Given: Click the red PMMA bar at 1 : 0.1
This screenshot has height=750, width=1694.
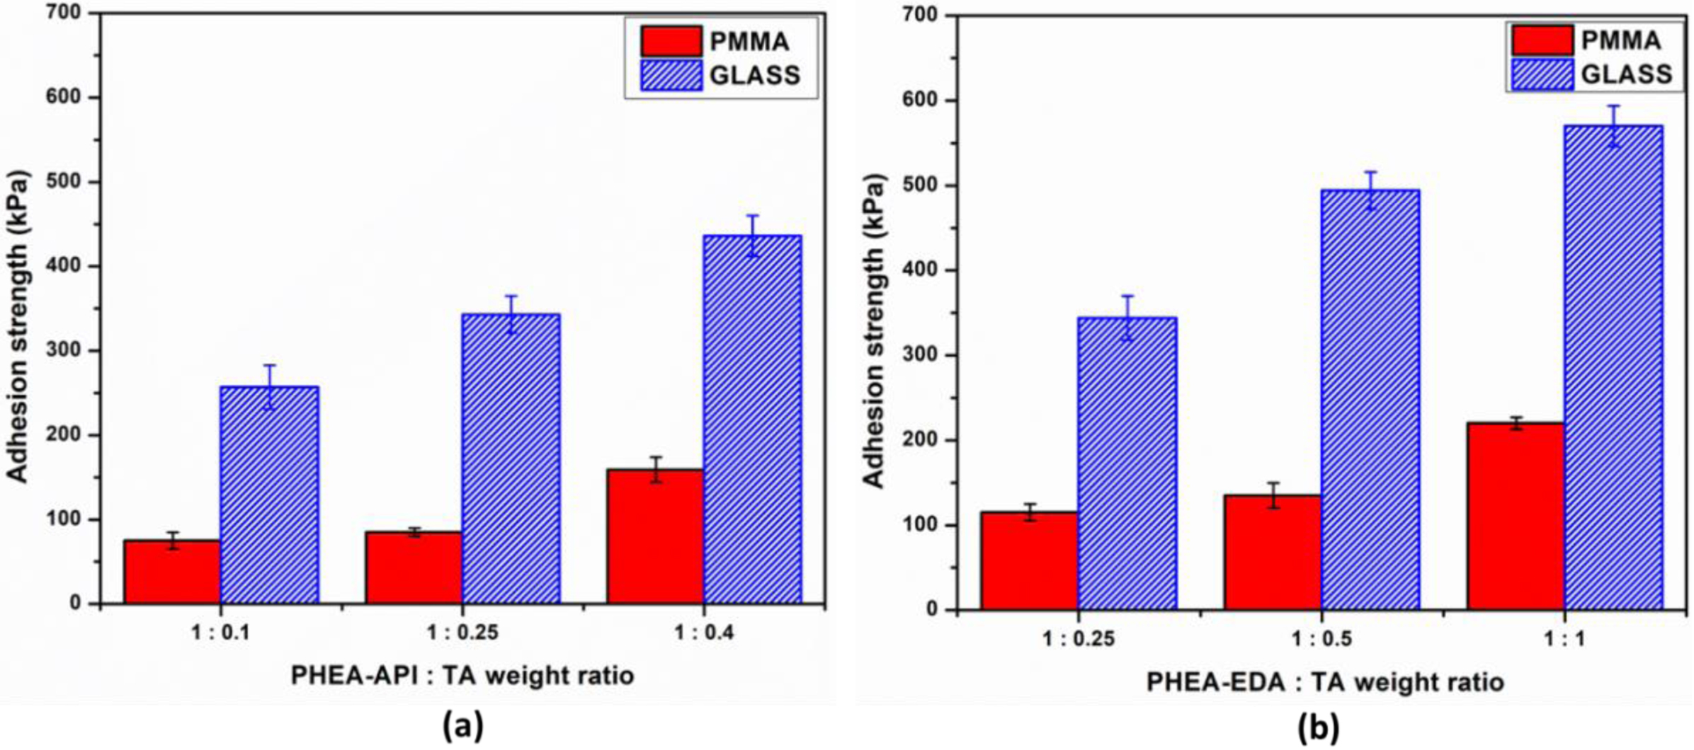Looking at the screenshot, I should tap(172, 572).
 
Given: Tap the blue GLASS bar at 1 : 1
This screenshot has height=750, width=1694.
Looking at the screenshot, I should tap(1613, 367).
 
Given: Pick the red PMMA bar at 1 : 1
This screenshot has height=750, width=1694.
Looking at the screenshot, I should tap(1516, 516).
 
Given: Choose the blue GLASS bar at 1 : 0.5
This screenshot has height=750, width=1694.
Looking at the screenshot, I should tap(1370, 400).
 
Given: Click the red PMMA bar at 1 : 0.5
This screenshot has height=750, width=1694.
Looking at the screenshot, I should tap(1273, 552).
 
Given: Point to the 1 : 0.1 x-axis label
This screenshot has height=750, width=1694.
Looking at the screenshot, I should tap(220, 633).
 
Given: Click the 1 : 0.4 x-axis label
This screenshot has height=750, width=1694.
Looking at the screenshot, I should tap(703, 633).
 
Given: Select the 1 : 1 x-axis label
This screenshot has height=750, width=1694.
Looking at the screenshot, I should tap(1564, 639).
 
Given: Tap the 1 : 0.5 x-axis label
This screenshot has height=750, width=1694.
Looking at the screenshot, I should tap(1321, 639).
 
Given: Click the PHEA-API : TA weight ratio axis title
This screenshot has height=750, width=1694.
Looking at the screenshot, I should tap(462, 676).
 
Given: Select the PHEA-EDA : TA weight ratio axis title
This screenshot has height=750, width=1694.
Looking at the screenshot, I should tap(1325, 682).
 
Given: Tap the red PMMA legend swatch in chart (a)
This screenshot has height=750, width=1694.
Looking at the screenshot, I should tap(671, 41).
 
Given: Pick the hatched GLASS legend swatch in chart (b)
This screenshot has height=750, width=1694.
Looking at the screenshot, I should tap(1542, 74).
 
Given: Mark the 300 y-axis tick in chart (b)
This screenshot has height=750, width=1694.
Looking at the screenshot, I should tap(921, 355).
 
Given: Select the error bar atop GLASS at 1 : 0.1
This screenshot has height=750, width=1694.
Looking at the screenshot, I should tap(270, 386).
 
